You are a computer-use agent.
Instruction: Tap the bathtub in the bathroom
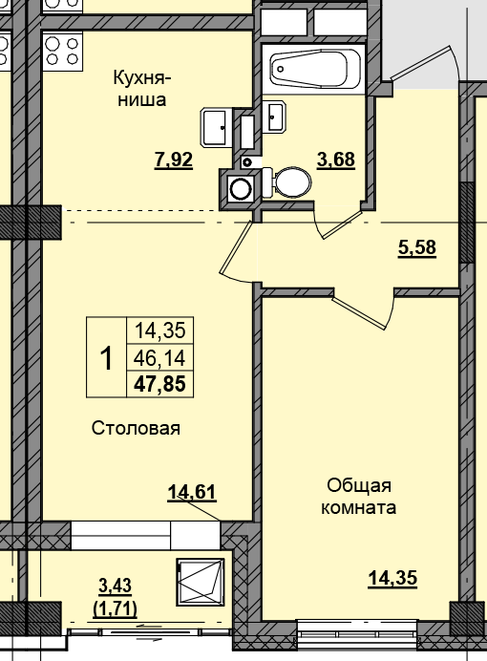[x=314, y=68]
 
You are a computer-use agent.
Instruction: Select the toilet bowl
[x=285, y=181]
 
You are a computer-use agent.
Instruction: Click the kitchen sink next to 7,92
[x=215, y=125]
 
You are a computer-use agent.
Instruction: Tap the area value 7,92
[x=174, y=160]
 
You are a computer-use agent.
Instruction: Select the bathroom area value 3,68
[x=336, y=160]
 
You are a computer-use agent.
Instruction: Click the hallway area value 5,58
[x=416, y=248]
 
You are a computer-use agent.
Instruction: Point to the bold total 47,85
[x=159, y=384]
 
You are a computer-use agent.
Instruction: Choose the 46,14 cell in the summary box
[x=159, y=358]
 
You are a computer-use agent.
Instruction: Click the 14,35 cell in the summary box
[x=159, y=331]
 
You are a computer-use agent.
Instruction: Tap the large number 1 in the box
[x=106, y=358]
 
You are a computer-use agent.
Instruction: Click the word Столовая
[x=137, y=428]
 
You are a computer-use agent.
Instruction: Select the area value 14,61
[x=192, y=493]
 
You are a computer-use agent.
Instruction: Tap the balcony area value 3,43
[x=115, y=586]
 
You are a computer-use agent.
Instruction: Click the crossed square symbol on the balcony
[x=201, y=582]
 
